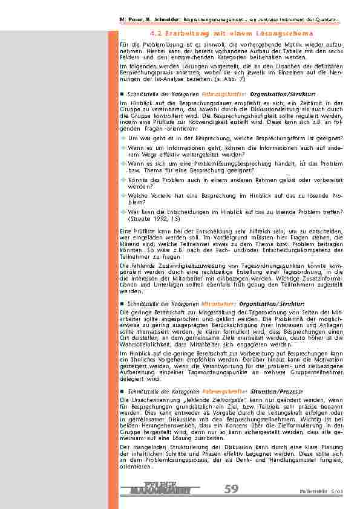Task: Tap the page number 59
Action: (x=231, y=489)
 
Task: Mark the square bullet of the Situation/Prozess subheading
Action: (x=122, y=391)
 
